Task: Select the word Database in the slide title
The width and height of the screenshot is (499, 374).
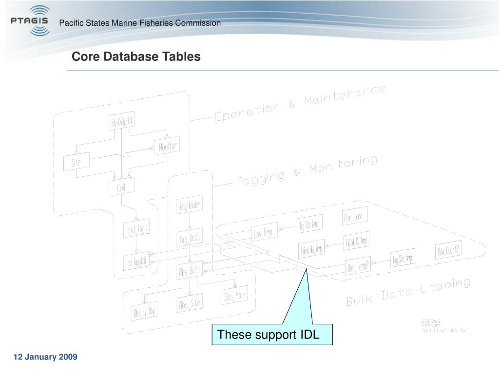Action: pos(129,56)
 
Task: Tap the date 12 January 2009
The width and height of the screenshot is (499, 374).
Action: pos(45,357)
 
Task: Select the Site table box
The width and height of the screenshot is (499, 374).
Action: pos(76,162)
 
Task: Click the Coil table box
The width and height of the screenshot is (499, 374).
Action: pos(121,187)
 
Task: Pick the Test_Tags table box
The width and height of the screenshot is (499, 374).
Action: pos(136,229)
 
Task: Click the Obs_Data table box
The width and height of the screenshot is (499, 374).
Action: pos(189,271)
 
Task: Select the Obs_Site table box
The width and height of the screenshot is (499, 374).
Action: pos(189,304)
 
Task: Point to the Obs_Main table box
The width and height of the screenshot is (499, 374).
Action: pos(234,296)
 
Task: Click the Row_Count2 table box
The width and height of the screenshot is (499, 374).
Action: pos(448,251)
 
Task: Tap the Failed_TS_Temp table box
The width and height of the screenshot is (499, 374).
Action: pos(356,241)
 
